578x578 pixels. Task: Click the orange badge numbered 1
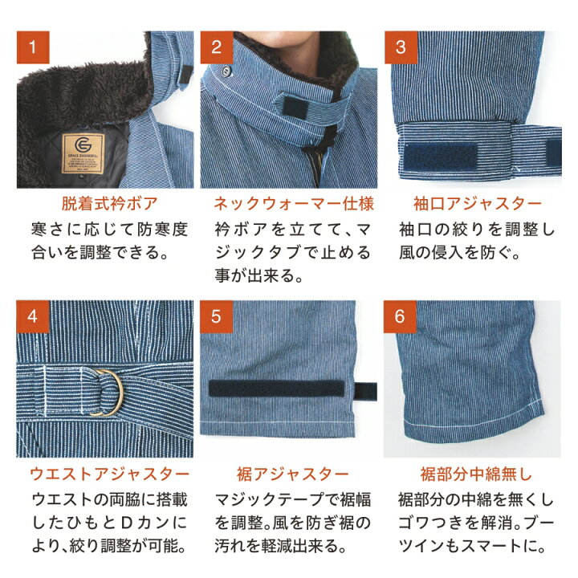pyautogui.click(x=33, y=47)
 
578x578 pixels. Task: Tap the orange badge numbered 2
pyautogui.click(x=217, y=47)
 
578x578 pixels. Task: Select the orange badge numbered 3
pyautogui.click(x=401, y=47)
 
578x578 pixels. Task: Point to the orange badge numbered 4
pyautogui.click(x=33, y=316)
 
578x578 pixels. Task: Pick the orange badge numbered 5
pyautogui.click(x=217, y=316)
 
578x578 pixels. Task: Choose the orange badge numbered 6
pyautogui.click(x=400, y=316)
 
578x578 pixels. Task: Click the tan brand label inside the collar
pyautogui.click(x=83, y=153)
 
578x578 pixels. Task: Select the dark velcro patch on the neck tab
pyautogui.click(x=295, y=108)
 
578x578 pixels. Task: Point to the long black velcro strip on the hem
pyautogui.click(x=276, y=389)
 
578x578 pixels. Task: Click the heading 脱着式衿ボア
pyautogui.click(x=109, y=203)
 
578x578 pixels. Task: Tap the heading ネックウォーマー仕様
pyautogui.click(x=294, y=203)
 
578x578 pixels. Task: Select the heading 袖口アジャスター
pyautogui.click(x=478, y=203)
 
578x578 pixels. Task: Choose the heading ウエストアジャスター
pyautogui.click(x=109, y=474)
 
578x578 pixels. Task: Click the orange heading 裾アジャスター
pyautogui.click(x=293, y=474)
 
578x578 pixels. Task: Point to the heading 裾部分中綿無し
pyautogui.click(x=476, y=474)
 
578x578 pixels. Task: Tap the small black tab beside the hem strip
pyautogui.click(x=365, y=392)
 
